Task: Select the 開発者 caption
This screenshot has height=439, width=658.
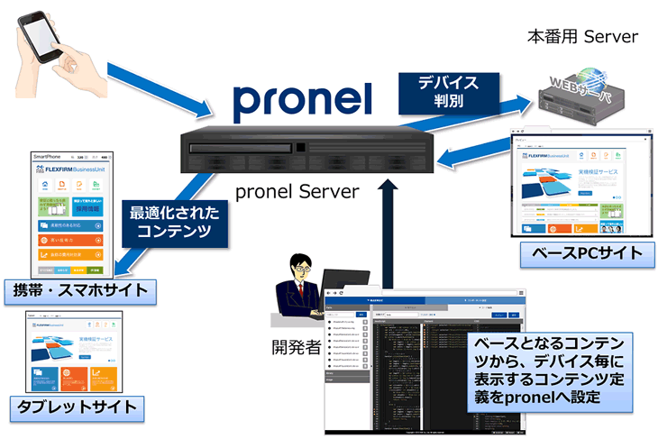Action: point(297,346)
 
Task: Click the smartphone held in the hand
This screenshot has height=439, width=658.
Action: point(41,43)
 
